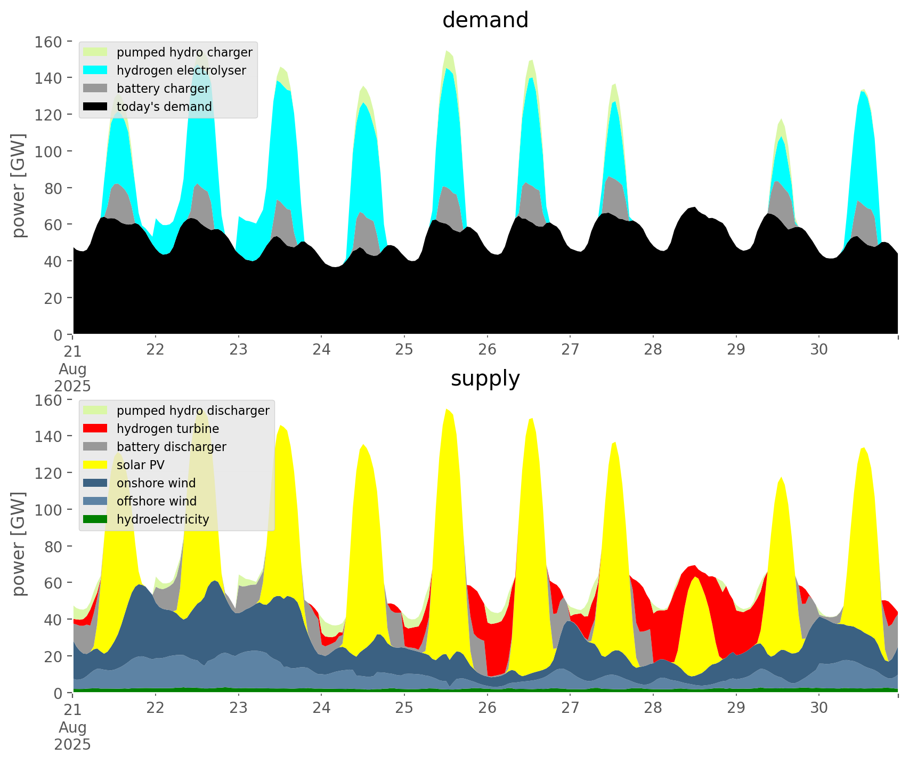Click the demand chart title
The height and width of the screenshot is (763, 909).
tap(485, 20)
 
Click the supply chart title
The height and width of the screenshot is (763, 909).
tap(485, 379)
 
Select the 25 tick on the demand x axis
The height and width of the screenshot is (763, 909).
tap(404, 350)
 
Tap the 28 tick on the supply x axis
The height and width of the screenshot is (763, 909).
tap(653, 708)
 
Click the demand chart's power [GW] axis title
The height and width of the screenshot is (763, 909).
tap(19, 186)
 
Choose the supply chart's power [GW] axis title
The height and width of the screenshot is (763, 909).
tap(19, 544)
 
